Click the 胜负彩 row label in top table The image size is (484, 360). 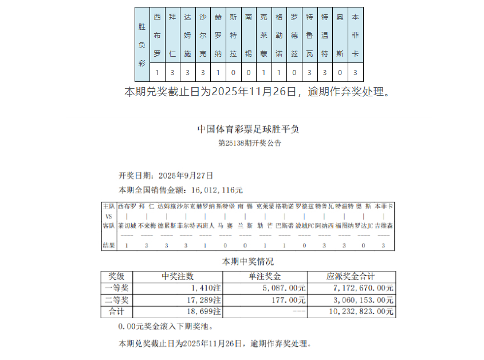coord(142,44)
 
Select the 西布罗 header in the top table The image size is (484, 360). coord(158,35)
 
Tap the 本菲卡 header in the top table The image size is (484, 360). coord(355,35)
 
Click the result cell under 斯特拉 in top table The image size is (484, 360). coord(233,73)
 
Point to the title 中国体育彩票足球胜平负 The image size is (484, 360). coord(247,129)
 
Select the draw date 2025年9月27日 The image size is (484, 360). coord(186,175)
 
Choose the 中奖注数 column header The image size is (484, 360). coord(178,276)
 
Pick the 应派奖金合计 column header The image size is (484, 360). coord(351,276)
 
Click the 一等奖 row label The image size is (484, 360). coord(116,288)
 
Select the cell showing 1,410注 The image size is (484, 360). coord(206,288)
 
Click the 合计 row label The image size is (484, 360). coord(116,312)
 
